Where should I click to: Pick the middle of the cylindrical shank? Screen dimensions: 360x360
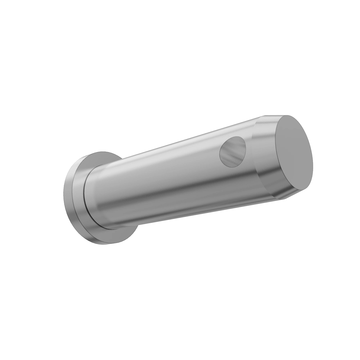point(168,180)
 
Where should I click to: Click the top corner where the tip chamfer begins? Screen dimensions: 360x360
point(264,115)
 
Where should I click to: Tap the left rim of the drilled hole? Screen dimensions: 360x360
point(220,153)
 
